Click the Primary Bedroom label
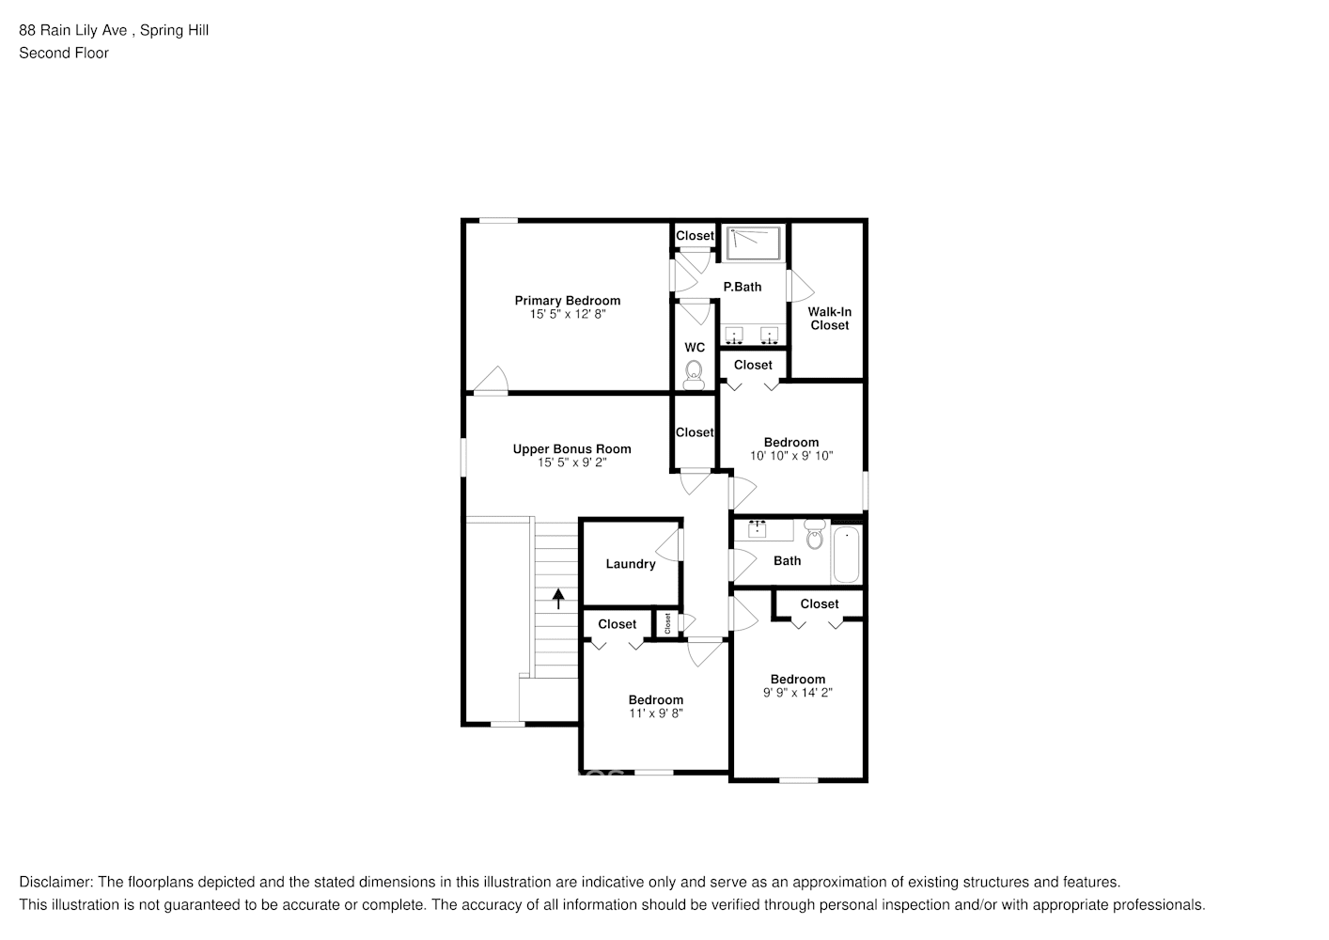click(567, 301)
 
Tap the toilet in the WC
click(695, 373)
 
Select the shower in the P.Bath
click(754, 243)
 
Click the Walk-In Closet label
click(829, 319)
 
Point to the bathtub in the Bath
click(846, 555)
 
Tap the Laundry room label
click(630, 564)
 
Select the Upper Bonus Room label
click(571, 449)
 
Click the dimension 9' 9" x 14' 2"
click(798, 693)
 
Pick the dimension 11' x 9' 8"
click(655, 713)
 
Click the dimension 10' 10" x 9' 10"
click(791, 456)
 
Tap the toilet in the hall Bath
click(814, 536)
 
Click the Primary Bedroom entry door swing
click(491, 380)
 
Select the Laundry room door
click(670, 546)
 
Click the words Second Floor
click(64, 53)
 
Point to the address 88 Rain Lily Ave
click(74, 30)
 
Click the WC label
click(695, 348)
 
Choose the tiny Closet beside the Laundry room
click(668, 623)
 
